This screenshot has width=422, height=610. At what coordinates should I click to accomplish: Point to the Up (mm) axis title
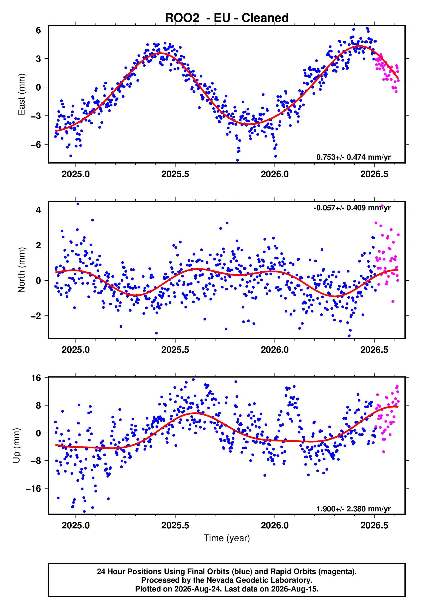coord(16,446)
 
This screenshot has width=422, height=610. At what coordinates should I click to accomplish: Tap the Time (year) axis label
coord(227,538)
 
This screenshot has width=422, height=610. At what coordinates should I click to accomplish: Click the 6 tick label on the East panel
coord(39,30)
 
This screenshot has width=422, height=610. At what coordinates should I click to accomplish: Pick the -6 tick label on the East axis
coord(36,144)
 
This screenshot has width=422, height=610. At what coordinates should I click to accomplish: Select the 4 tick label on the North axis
coord(39,210)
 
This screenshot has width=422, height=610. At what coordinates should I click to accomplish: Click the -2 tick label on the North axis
coord(36,316)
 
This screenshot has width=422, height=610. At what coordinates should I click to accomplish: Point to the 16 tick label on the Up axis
coord(36,378)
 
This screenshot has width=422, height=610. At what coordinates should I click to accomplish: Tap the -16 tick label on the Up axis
coord(33,488)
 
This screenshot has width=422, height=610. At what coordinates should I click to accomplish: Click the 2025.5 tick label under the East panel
coord(175,174)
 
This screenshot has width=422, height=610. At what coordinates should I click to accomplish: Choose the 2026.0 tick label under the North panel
coord(275,350)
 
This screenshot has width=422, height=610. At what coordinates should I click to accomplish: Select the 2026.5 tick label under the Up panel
coord(374,525)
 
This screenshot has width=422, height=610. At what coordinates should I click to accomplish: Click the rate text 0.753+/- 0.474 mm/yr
coord(353,157)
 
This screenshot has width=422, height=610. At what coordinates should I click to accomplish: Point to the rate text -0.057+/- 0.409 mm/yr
coord(352,208)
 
